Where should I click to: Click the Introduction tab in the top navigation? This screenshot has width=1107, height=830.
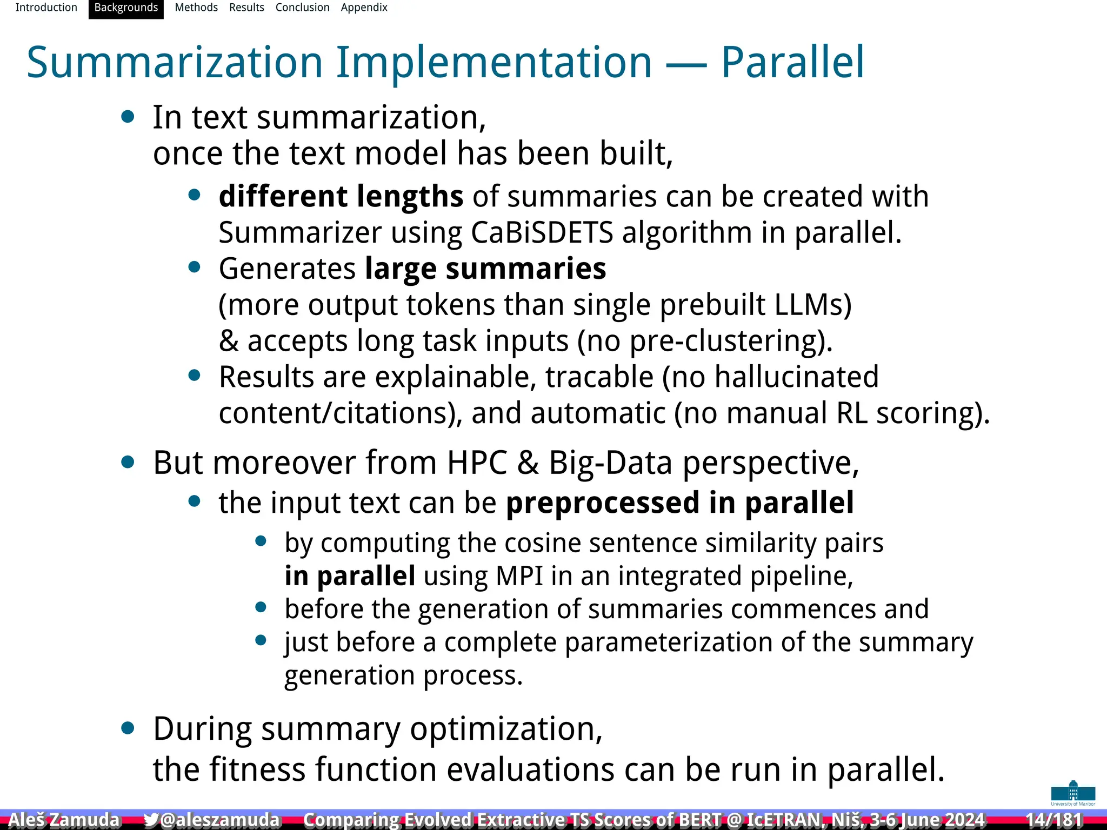[x=46, y=8]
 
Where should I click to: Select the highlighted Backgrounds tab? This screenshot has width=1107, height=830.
[x=126, y=8]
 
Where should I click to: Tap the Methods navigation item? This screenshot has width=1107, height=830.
[x=196, y=8]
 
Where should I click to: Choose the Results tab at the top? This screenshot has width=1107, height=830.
[x=246, y=8]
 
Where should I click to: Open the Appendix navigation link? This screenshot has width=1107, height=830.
[x=364, y=8]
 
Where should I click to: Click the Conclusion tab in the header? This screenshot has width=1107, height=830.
[x=302, y=8]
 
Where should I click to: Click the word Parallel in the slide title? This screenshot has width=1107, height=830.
[x=792, y=63]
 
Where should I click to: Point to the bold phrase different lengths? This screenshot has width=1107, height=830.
[x=341, y=196]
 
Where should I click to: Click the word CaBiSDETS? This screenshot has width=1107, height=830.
[x=542, y=233]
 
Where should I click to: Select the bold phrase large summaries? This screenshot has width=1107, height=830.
[x=485, y=269]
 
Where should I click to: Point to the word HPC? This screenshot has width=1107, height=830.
[x=477, y=463]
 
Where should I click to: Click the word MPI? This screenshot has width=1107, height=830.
[x=519, y=576]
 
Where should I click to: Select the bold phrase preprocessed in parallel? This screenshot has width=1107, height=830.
[x=679, y=503]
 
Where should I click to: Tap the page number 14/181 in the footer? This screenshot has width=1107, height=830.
[x=1053, y=819]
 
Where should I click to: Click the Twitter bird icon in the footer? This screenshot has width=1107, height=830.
[x=151, y=820]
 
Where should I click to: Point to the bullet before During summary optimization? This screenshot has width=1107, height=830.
[x=128, y=728]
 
